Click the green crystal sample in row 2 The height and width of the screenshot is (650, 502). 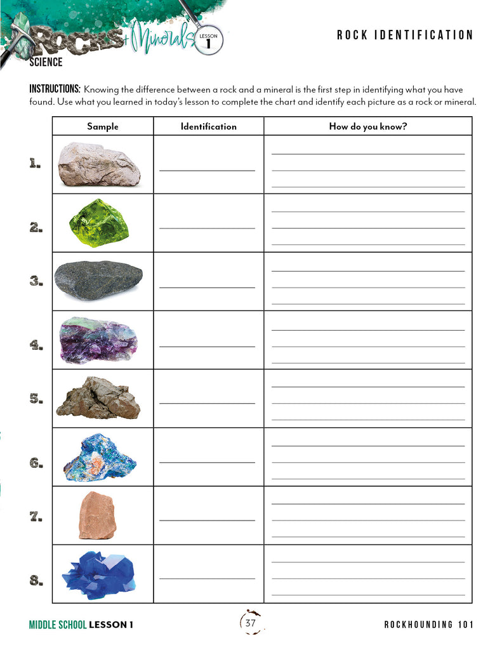(98, 223)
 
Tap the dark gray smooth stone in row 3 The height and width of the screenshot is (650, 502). (98, 281)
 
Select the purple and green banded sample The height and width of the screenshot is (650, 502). (98, 340)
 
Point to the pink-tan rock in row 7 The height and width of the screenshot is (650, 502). (97, 515)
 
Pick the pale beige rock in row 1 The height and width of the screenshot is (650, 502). (99, 164)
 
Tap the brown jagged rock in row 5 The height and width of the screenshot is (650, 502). (98, 398)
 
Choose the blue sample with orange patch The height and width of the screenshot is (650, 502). (100, 458)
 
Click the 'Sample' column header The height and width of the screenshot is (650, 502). (103, 126)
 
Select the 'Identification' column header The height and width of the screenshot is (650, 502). (208, 126)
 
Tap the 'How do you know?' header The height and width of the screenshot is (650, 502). (367, 126)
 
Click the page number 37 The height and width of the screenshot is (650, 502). (251, 623)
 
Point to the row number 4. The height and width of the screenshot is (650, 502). (36, 345)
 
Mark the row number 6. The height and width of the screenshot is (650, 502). (36, 463)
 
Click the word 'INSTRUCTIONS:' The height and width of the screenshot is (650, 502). (55, 89)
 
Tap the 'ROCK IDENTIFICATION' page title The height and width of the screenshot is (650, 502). (405, 36)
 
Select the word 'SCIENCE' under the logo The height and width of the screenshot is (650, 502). (46, 62)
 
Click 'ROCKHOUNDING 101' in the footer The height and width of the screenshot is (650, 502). (428, 625)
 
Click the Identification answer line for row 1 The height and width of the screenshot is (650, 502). (207, 169)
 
